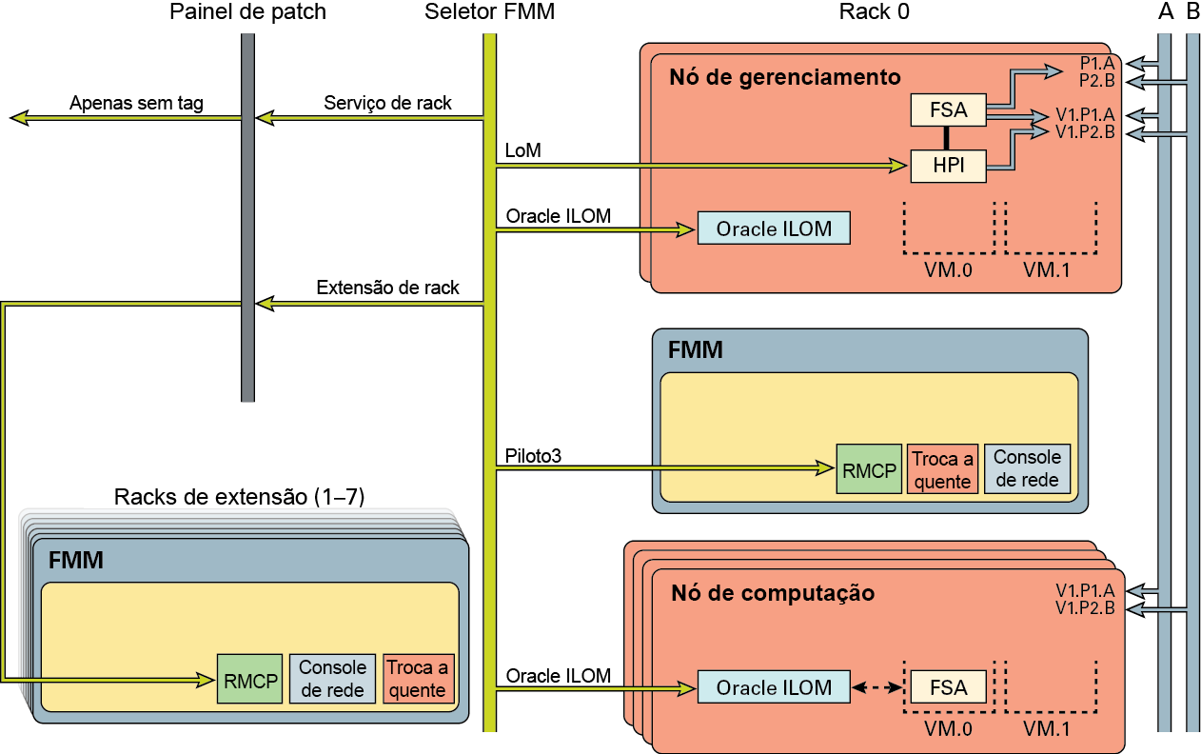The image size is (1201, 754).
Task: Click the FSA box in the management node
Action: click(x=948, y=110)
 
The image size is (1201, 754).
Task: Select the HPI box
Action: click(x=948, y=166)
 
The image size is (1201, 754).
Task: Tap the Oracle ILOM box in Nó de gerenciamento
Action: click(x=774, y=228)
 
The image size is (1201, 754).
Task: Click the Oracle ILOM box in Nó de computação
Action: click(x=774, y=687)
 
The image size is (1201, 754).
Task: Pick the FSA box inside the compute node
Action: click(x=948, y=687)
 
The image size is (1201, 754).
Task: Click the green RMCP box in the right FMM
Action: click(x=868, y=468)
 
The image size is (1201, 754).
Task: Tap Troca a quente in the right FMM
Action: click(x=942, y=469)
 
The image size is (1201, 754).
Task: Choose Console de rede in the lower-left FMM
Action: click(x=333, y=679)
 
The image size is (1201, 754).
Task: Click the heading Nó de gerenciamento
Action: click(x=785, y=77)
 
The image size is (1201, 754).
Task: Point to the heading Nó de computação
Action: click(x=773, y=593)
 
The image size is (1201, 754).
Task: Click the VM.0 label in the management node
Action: click(x=948, y=269)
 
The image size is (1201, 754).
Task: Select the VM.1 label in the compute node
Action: click(x=1047, y=728)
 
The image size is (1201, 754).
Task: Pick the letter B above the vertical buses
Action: click(x=1192, y=12)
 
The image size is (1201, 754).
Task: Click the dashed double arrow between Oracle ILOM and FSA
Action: click(x=876, y=687)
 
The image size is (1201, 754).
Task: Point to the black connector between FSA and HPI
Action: click(x=948, y=138)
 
